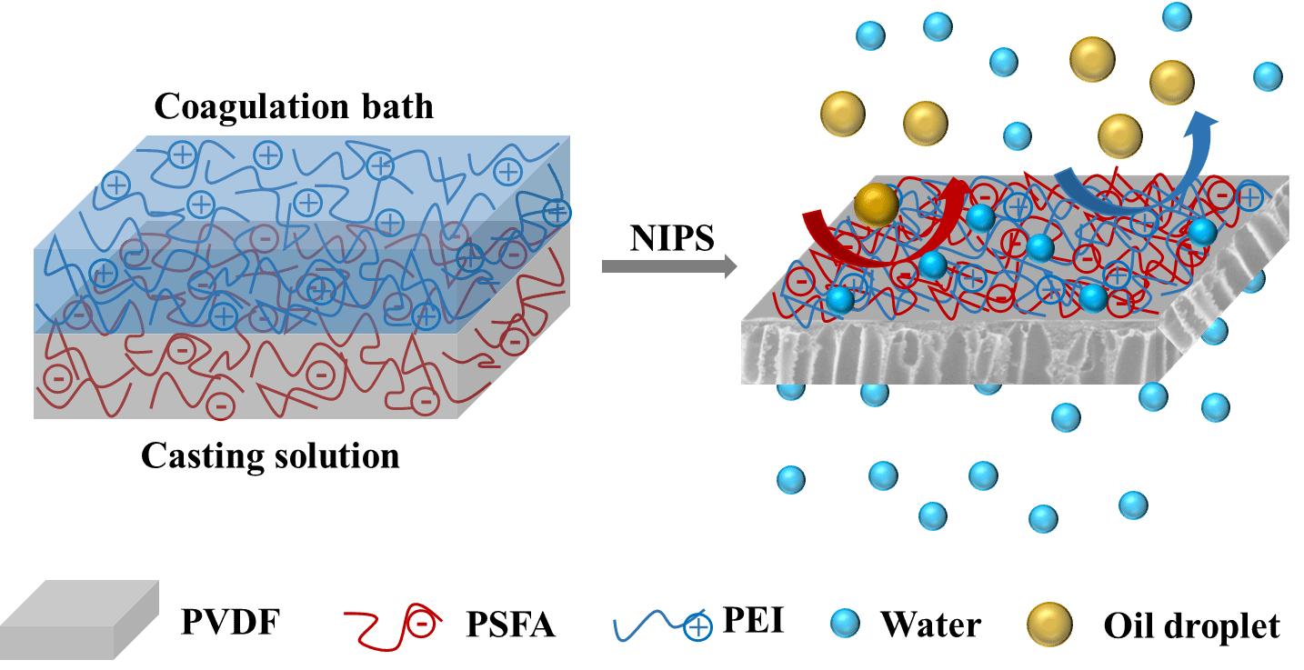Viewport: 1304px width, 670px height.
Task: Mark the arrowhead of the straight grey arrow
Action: click(x=730, y=266)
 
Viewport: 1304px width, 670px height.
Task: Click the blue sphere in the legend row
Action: click(x=845, y=623)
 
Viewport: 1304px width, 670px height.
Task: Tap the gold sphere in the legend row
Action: click(x=1049, y=625)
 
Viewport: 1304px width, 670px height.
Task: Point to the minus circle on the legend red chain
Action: click(x=421, y=625)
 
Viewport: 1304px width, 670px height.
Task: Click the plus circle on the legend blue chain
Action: click(x=697, y=627)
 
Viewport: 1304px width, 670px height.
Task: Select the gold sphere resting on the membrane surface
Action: click(x=877, y=205)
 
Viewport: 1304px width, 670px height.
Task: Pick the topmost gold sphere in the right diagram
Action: click(x=1092, y=59)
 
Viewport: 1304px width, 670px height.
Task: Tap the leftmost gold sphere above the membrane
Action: click(x=842, y=114)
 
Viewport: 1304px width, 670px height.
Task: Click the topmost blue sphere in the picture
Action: click(x=1177, y=16)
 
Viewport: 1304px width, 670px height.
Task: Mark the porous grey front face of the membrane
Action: click(x=946, y=355)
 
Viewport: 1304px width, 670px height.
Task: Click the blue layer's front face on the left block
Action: click(x=246, y=291)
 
